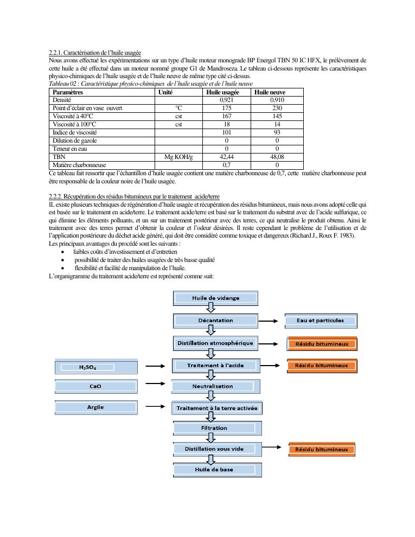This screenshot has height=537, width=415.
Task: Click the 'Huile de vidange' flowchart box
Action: (x=215, y=298)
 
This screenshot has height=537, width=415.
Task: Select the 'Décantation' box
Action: (x=215, y=321)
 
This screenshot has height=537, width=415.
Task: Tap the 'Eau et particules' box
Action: (x=321, y=321)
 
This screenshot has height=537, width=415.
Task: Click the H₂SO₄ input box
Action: (x=92, y=367)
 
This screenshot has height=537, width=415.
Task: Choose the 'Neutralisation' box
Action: (x=216, y=387)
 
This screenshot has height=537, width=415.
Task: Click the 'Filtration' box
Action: (x=217, y=428)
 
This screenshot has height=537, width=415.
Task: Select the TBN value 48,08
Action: (x=277, y=157)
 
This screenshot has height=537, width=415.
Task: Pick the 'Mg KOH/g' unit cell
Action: (x=178, y=157)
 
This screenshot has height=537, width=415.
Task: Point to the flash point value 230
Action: (x=277, y=108)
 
